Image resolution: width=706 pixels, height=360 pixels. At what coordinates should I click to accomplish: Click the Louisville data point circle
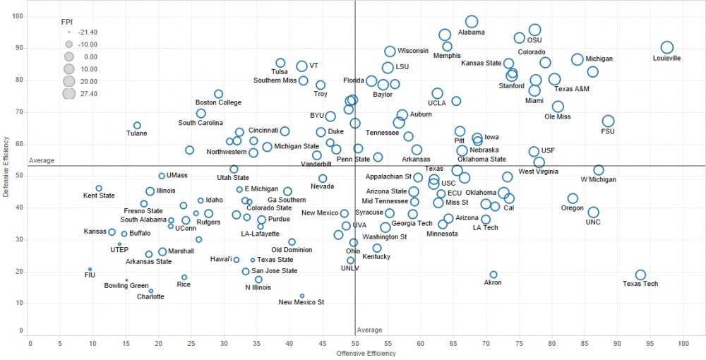(x=667, y=47)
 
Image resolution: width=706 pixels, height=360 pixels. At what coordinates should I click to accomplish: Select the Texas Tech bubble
(x=640, y=275)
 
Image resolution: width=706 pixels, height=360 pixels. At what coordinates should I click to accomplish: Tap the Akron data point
(x=493, y=275)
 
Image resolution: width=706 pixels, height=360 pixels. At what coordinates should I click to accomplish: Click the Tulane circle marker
(x=137, y=125)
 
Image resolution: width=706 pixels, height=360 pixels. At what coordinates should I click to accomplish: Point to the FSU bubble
(x=608, y=121)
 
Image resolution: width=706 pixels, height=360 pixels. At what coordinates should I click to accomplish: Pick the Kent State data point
(x=99, y=188)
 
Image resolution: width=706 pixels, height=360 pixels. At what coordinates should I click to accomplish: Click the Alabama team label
(x=472, y=32)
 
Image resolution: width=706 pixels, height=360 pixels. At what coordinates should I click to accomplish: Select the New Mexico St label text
(x=301, y=302)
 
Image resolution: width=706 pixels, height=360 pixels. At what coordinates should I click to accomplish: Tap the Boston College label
(x=218, y=103)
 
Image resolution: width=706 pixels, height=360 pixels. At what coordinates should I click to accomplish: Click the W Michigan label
(x=598, y=179)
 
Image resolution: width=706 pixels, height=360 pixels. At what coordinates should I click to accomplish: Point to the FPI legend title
(x=68, y=21)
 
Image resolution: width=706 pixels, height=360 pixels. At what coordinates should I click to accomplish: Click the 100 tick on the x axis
(x=683, y=343)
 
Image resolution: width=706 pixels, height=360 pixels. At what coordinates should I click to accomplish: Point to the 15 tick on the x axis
(x=127, y=343)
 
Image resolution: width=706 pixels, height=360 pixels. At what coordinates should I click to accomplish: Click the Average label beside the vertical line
(x=369, y=330)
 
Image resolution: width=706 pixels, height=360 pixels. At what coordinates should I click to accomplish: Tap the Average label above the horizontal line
(x=41, y=161)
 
